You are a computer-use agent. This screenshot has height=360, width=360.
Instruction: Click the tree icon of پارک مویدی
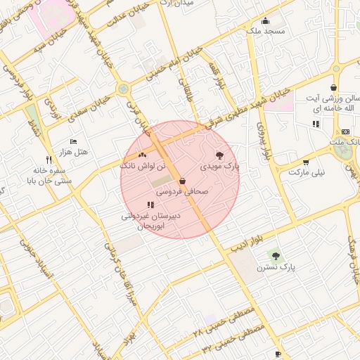click(x=219, y=155)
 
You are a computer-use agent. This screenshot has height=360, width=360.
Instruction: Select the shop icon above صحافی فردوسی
click(x=182, y=180)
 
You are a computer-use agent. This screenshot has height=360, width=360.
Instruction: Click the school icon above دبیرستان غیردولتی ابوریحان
click(x=150, y=205)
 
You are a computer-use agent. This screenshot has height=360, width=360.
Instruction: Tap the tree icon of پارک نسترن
click(x=274, y=255)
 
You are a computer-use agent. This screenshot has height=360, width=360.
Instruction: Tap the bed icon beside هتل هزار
click(x=74, y=141)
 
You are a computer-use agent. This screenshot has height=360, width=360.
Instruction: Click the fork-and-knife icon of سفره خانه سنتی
click(x=48, y=160)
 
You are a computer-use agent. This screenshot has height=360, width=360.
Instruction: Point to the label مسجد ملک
click(x=265, y=32)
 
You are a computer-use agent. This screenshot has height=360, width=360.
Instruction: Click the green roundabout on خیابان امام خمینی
click(x=124, y=89)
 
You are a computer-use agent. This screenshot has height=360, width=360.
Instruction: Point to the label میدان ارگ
click(x=176, y=3)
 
